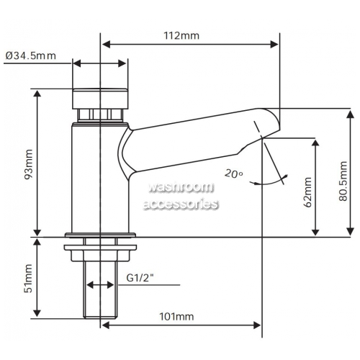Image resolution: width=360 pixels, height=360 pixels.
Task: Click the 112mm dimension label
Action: (181, 36)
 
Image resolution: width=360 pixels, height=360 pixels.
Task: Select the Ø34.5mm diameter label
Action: (30, 55)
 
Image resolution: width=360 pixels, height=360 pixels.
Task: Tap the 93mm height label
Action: (29, 164)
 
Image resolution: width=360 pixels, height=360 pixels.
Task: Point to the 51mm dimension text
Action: (29, 279)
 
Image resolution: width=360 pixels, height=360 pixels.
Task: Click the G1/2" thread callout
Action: (140, 278)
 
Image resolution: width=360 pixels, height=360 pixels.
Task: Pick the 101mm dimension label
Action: (176, 317)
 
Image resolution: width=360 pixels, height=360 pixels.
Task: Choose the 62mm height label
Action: (307, 192)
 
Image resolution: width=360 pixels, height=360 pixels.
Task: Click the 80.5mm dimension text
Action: (343, 181)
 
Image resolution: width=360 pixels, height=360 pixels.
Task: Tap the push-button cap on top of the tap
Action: (100, 99)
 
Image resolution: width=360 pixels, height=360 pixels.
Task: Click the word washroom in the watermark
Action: (181, 187)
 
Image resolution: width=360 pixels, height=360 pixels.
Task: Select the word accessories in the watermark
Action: (181, 204)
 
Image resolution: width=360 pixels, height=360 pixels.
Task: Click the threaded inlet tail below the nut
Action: (101, 289)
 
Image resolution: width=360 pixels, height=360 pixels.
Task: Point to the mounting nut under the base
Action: (100, 253)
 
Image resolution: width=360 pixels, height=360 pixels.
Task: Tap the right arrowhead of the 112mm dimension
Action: (274, 44)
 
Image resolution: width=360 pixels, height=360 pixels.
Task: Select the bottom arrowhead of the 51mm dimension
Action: (37, 313)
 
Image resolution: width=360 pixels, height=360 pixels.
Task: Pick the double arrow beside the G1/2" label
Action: (100, 285)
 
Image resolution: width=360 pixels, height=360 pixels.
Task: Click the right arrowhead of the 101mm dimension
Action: (257, 325)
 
